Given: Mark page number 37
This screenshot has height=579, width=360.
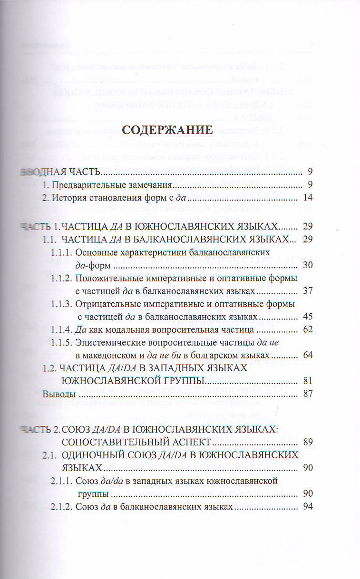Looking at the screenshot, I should [307, 290].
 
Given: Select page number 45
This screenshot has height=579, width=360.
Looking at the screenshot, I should [307, 316].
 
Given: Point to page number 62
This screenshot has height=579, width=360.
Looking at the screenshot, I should [307, 329].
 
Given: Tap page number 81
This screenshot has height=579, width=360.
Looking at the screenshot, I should [307, 381].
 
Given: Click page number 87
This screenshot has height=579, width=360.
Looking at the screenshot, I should [307, 394].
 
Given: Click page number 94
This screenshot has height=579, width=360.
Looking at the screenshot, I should [307, 507].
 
